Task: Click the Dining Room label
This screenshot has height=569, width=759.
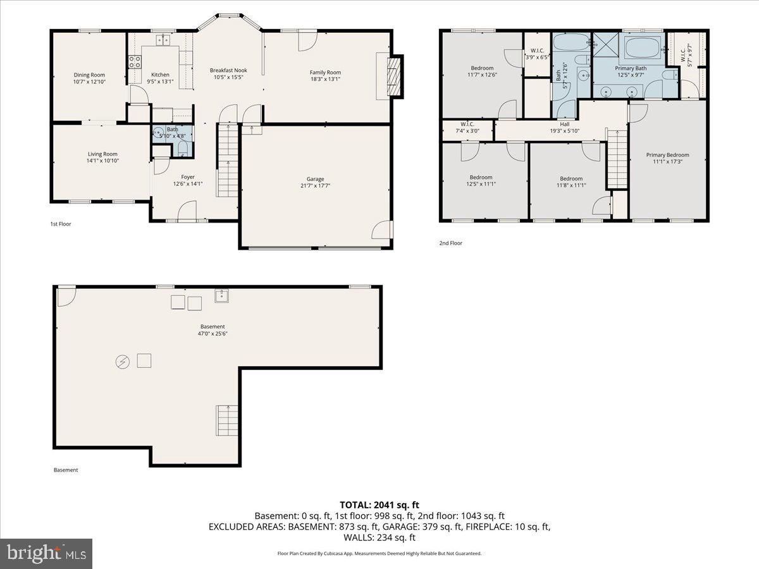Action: point(89,75)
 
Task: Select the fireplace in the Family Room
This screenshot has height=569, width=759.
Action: point(394,76)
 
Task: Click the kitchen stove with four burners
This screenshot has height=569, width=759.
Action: point(135,61)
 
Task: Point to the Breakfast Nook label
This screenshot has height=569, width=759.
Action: point(228,70)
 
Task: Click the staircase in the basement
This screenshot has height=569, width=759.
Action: point(226,420)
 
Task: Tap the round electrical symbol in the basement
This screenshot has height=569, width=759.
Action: point(122,361)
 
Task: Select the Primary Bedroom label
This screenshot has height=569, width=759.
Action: point(667,155)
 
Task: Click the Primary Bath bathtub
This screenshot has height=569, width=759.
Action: point(643,47)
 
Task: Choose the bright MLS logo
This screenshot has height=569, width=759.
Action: point(46,554)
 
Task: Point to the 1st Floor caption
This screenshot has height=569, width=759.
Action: point(61,224)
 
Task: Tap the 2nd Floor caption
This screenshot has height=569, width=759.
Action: point(450,243)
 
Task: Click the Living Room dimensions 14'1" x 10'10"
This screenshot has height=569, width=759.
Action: point(102,161)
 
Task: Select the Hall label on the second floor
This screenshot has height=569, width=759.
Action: point(564,124)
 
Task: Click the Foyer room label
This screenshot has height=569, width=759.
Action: point(188,177)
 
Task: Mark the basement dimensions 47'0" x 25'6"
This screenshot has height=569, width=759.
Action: point(213,333)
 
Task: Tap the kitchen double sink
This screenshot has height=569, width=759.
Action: point(163,40)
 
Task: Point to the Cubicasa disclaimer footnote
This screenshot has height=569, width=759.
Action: point(379,553)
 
